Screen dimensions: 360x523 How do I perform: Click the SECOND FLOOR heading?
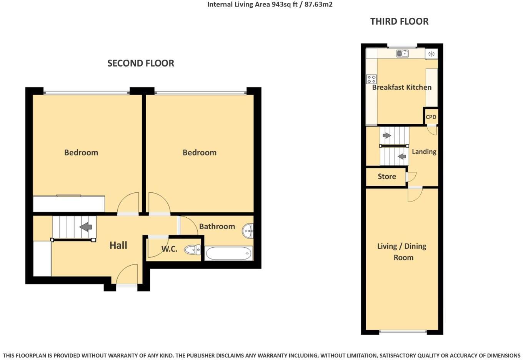[141, 63]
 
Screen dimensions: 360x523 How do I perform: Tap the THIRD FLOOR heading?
[399, 22]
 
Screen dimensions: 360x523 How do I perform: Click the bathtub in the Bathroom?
[228, 253]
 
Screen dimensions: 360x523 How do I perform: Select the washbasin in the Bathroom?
[248, 231]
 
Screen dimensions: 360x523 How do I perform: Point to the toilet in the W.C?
[192, 250]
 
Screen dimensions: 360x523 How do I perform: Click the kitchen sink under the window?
[402, 53]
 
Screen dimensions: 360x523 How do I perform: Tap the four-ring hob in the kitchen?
[371, 79]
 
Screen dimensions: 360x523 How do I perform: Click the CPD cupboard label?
[431, 117]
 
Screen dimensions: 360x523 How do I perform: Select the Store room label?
[386, 177]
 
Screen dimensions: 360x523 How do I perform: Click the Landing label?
[424, 152]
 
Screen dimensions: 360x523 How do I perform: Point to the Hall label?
[118, 245]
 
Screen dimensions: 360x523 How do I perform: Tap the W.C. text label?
[169, 249]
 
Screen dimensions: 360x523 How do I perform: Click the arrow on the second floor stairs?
[86, 227]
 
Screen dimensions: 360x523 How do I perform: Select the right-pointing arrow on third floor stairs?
[387, 135]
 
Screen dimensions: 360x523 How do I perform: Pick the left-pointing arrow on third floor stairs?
[402, 157]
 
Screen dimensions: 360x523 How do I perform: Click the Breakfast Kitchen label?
[401, 87]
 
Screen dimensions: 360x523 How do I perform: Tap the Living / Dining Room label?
[402, 252]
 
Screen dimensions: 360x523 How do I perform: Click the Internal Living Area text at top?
[270, 5]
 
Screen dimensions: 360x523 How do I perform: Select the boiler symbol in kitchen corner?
[431, 54]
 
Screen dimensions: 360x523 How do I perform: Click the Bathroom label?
[217, 227]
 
